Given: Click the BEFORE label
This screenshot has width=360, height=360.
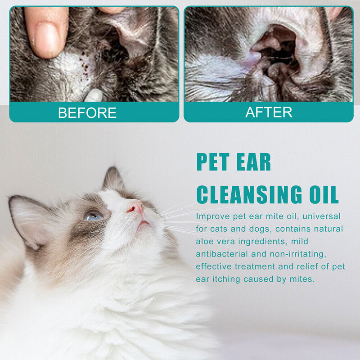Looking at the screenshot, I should point(87,112).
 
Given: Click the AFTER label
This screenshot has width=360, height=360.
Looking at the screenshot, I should point(269,112).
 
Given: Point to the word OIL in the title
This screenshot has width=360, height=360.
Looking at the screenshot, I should point(320,195).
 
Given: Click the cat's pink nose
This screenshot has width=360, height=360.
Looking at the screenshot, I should point(136,208).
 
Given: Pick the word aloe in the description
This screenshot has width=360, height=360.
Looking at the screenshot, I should point(205,242).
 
